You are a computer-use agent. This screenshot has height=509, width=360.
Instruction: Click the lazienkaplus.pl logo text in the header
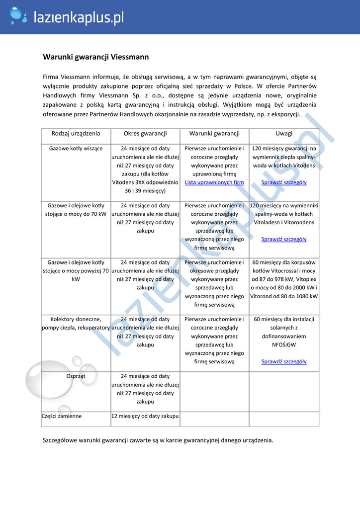tap(78, 18)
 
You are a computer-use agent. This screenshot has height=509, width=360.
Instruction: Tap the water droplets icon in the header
tap(18, 16)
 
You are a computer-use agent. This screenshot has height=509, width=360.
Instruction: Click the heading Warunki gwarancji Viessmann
tap(95, 57)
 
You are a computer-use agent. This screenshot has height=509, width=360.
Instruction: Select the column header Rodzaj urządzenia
tap(76, 133)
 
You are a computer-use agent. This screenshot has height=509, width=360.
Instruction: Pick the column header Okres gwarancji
tap(145, 133)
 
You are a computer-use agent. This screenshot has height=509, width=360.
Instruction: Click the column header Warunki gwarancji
tap(214, 133)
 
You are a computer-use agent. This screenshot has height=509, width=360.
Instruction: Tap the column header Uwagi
tap(284, 133)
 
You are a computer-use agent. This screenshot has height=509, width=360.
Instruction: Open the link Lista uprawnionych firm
tap(214, 182)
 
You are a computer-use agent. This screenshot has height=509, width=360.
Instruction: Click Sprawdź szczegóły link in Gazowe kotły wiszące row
tap(284, 182)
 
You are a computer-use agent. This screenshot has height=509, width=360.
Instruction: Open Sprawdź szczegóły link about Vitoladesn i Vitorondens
tap(284, 239)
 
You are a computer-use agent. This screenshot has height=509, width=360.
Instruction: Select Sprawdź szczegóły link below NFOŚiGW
tap(284, 361)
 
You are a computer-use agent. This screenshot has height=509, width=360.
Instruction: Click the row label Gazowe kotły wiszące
tap(76, 148)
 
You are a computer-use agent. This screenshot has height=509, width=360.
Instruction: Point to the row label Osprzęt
tap(76, 376)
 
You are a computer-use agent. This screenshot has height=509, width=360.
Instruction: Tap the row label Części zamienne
tap(62, 416)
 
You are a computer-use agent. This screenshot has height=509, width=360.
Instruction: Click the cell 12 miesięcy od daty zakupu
tap(145, 416)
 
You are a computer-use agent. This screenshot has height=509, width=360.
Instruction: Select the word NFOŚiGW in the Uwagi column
tap(284, 344)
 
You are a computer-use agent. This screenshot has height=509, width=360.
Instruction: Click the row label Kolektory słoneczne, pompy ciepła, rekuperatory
tap(76, 324)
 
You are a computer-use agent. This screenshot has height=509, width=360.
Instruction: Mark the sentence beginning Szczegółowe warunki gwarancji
tap(158, 440)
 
